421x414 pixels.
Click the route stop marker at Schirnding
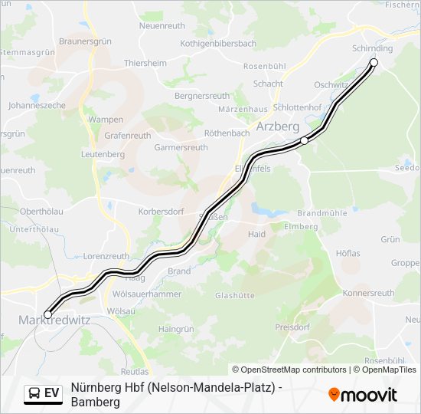374,62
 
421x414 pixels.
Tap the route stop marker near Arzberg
304,140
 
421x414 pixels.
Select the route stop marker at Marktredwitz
48,314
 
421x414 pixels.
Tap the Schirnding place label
373,48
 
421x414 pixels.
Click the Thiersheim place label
145,63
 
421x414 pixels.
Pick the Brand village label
179,271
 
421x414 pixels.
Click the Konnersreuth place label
368,293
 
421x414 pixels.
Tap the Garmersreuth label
181,147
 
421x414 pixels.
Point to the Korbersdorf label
161,210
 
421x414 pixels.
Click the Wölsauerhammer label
147,294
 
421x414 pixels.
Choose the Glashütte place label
235,295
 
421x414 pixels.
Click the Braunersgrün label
86,41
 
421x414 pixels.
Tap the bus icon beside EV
34,393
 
